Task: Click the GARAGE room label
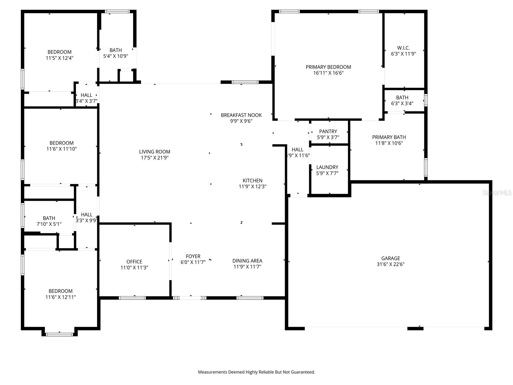click(391, 258)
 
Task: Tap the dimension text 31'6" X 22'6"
click(391, 264)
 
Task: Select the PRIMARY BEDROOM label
click(328, 67)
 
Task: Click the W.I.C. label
click(403, 48)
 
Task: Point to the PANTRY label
click(328, 132)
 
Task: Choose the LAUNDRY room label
click(327, 167)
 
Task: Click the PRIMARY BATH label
click(389, 137)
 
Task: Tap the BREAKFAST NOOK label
click(241, 115)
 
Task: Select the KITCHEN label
click(252, 181)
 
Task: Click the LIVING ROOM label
click(155, 152)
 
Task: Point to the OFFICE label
click(134, 262)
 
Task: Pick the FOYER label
click(193, 256)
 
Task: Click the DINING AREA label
click(247, 261)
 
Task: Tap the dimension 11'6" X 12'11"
click(61, 297)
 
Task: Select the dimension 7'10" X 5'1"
click(49, 224)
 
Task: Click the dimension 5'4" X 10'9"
click(115, 56)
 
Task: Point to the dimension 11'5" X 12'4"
click(59, 58)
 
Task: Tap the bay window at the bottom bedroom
click(59, 334)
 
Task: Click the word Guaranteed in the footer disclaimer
click(302, 372)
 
